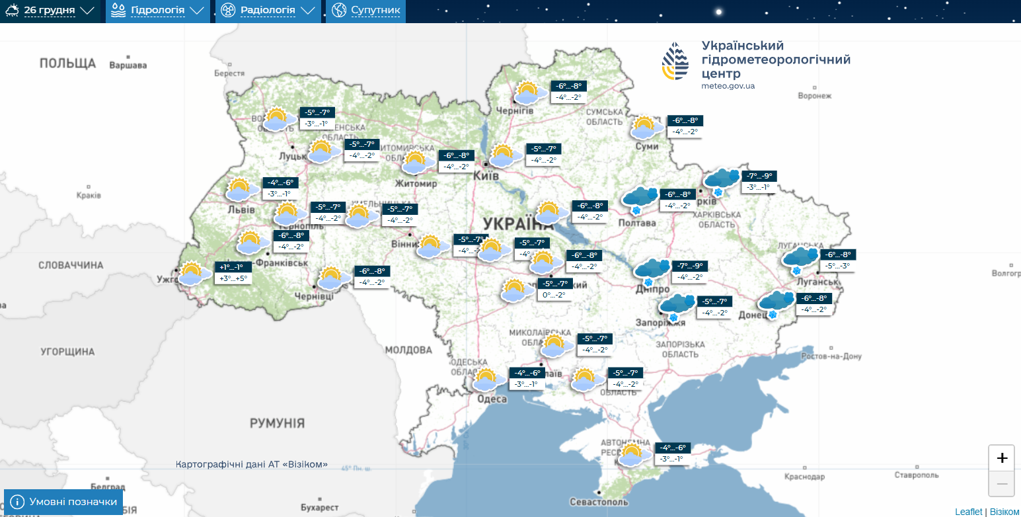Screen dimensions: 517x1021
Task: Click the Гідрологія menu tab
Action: [158, 11]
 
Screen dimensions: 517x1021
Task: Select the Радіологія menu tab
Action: [268, 11]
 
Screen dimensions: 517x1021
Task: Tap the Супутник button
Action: [365, 11]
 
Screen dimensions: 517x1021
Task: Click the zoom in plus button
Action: [1002, 458]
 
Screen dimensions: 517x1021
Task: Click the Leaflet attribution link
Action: [968, 512]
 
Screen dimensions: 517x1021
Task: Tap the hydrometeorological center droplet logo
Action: [675, 61]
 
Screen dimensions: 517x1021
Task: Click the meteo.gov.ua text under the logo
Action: [728, 86]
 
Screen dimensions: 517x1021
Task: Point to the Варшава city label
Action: [128, 65]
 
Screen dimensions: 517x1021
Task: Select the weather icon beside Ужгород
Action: [192, 273]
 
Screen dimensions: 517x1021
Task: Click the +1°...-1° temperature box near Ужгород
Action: [231, 267]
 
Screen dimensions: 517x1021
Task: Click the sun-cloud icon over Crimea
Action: [632, 455]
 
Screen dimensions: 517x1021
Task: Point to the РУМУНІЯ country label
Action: [277, 423]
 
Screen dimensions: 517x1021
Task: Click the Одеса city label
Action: [492, 399]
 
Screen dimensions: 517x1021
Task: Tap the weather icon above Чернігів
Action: [527, 93]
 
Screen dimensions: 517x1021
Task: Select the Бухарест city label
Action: [319, 507]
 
